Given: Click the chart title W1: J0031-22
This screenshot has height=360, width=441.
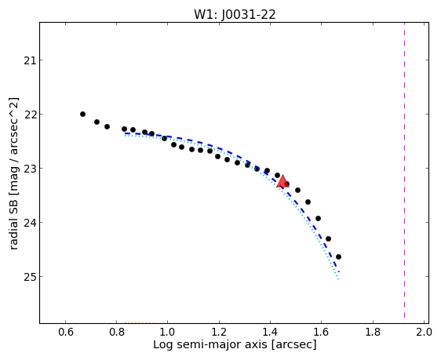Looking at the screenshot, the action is click(235, 14).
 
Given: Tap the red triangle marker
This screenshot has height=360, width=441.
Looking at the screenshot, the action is click(282, 181).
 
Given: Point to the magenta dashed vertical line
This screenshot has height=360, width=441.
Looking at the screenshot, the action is click(404, 170).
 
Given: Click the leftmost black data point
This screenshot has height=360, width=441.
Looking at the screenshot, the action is click(82, 114).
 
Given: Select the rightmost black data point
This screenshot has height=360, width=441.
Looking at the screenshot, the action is click(339, 256).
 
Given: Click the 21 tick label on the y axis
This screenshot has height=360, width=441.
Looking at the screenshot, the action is click(30, 60).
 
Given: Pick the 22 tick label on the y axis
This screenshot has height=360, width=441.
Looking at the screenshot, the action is click(30, 114).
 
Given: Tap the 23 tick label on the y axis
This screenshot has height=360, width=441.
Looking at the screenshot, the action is click(30, 169).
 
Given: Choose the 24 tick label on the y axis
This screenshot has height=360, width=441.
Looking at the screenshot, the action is click(30, 222).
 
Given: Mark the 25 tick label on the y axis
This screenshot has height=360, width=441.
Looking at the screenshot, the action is click(30, 277).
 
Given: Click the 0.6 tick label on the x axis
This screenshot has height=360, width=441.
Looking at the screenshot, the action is click(66, 332).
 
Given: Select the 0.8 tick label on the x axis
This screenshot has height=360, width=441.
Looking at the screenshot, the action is click(117, 332).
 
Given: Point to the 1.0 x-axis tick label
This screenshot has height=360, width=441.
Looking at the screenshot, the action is click(168, 332).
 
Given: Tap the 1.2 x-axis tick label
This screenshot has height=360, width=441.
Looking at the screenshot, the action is click(219, 332).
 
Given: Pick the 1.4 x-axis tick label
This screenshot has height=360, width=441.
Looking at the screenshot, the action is click(270, 332).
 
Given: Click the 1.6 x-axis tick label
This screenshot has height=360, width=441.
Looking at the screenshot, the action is click(321, 332).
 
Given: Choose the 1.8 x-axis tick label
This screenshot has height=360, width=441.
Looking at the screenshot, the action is click(373, 332).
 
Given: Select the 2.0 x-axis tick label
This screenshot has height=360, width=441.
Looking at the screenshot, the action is click(424, 332).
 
